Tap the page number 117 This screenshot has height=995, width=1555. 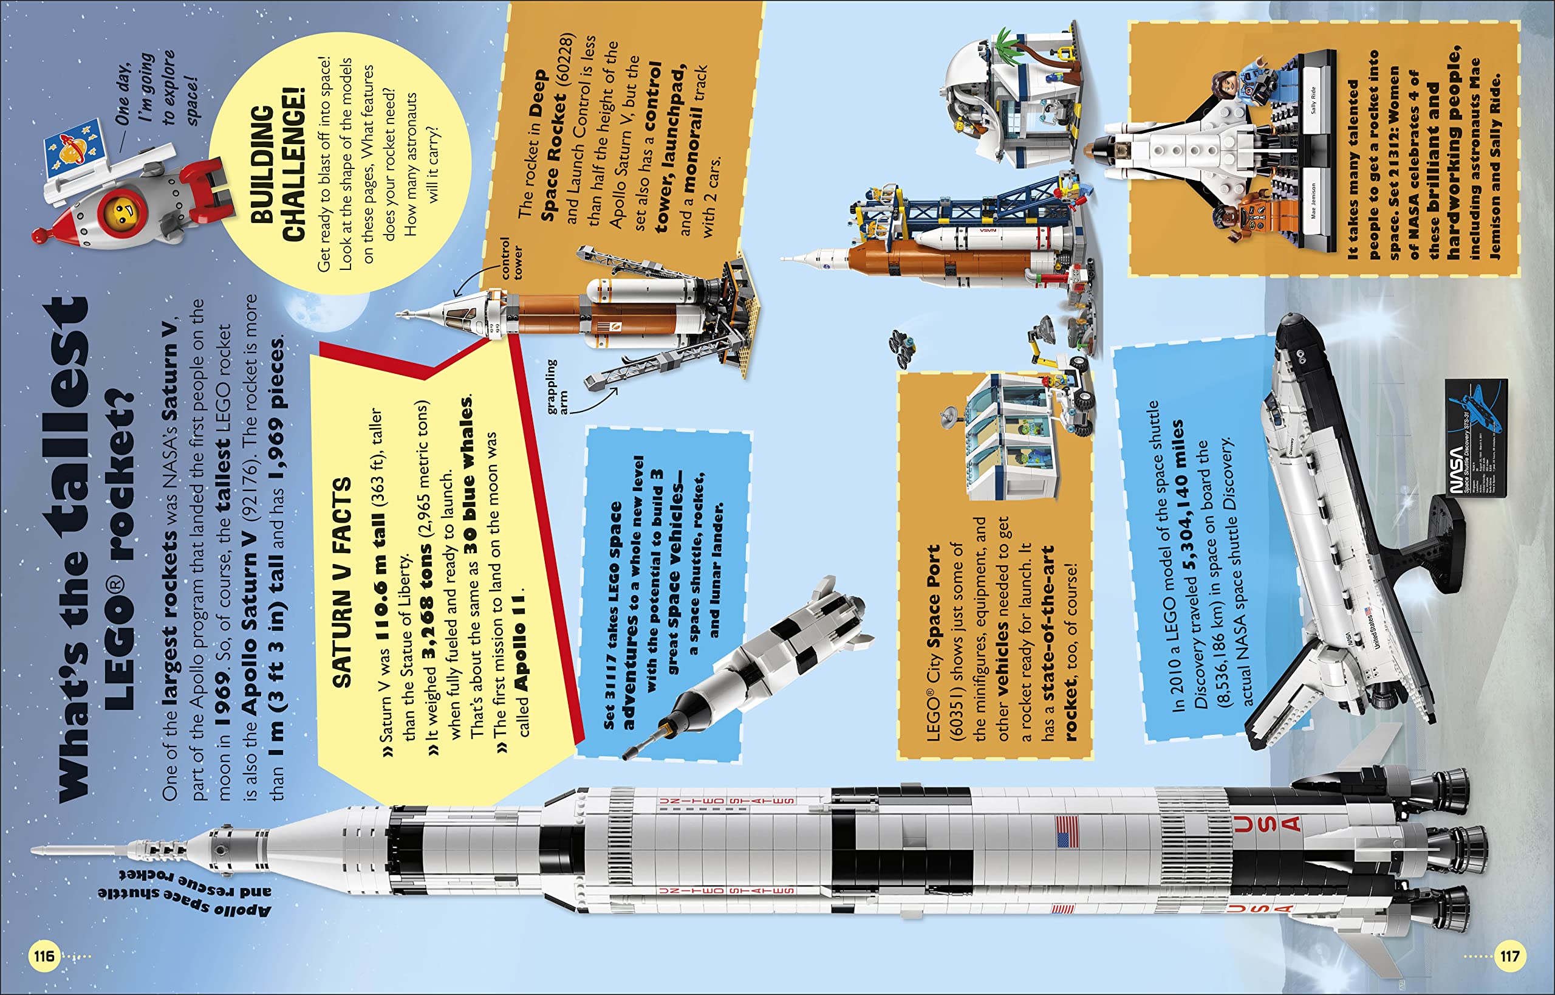1510,956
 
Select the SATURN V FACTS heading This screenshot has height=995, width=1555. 341,582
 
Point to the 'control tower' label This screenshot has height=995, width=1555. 510,258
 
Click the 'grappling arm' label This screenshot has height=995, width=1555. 555,386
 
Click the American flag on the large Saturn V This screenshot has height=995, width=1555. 1067,833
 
